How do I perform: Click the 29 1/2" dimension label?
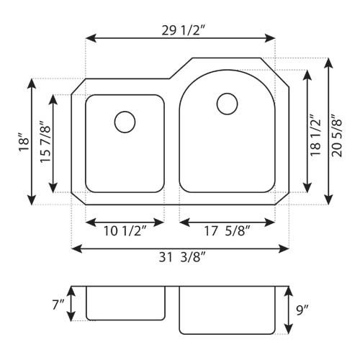coord(181,30)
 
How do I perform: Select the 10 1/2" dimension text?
coord(124,231)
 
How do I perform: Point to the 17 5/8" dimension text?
coord(227,231)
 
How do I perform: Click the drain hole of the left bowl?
coord(125,121)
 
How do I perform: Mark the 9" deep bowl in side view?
coord(227,310)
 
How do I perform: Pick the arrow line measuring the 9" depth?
coord(288,310)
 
